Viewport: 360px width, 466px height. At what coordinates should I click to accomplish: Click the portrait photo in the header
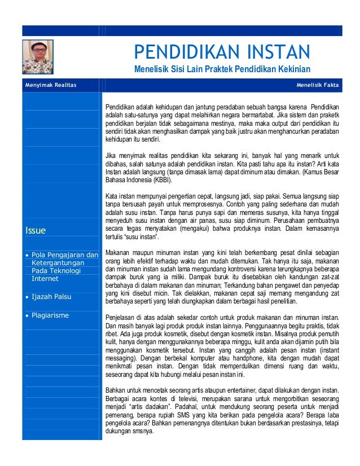tap(37, 56)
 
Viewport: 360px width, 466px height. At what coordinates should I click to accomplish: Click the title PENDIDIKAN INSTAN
tap(221, 53)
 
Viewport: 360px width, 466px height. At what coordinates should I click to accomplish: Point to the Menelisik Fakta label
tap(318, 85)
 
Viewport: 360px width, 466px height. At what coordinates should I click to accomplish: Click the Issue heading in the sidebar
tap(35, 230)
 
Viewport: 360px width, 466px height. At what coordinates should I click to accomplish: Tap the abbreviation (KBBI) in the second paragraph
tap(157, 180)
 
